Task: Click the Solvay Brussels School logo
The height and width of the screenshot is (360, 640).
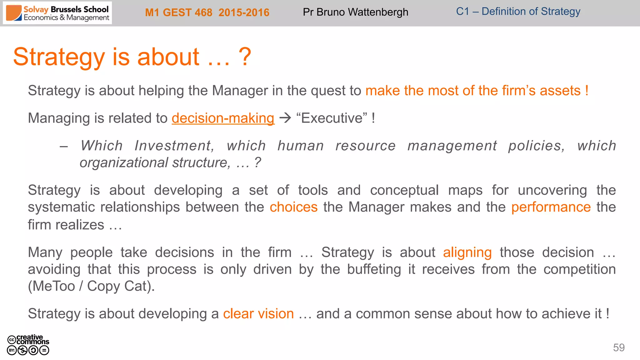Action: pos(57,13)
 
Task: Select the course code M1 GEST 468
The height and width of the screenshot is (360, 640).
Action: pos(178,12)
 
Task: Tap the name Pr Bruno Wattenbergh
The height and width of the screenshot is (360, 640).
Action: pos(355,12)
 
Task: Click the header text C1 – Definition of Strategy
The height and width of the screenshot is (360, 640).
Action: pos(518,12)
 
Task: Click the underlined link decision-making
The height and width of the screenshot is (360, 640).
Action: pos(223,118)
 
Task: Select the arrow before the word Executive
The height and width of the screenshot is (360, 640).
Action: pos(285,118)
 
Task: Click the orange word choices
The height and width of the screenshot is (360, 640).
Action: pos(293,207)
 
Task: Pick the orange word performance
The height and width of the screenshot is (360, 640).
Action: pos(551,207)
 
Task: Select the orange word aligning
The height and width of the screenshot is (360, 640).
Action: pos(467,252)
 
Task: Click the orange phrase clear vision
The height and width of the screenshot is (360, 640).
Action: pos(258,314)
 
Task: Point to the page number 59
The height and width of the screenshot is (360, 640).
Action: pos(619,347)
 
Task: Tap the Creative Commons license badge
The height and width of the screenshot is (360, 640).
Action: pos(28,345)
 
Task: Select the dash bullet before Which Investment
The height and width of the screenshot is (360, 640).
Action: pos(64,146)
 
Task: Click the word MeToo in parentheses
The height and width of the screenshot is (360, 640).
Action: pos(54,286)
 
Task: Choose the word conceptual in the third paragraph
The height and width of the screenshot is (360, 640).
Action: pos(404,190)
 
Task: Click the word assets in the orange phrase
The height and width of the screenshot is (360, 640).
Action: pos(560,91)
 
